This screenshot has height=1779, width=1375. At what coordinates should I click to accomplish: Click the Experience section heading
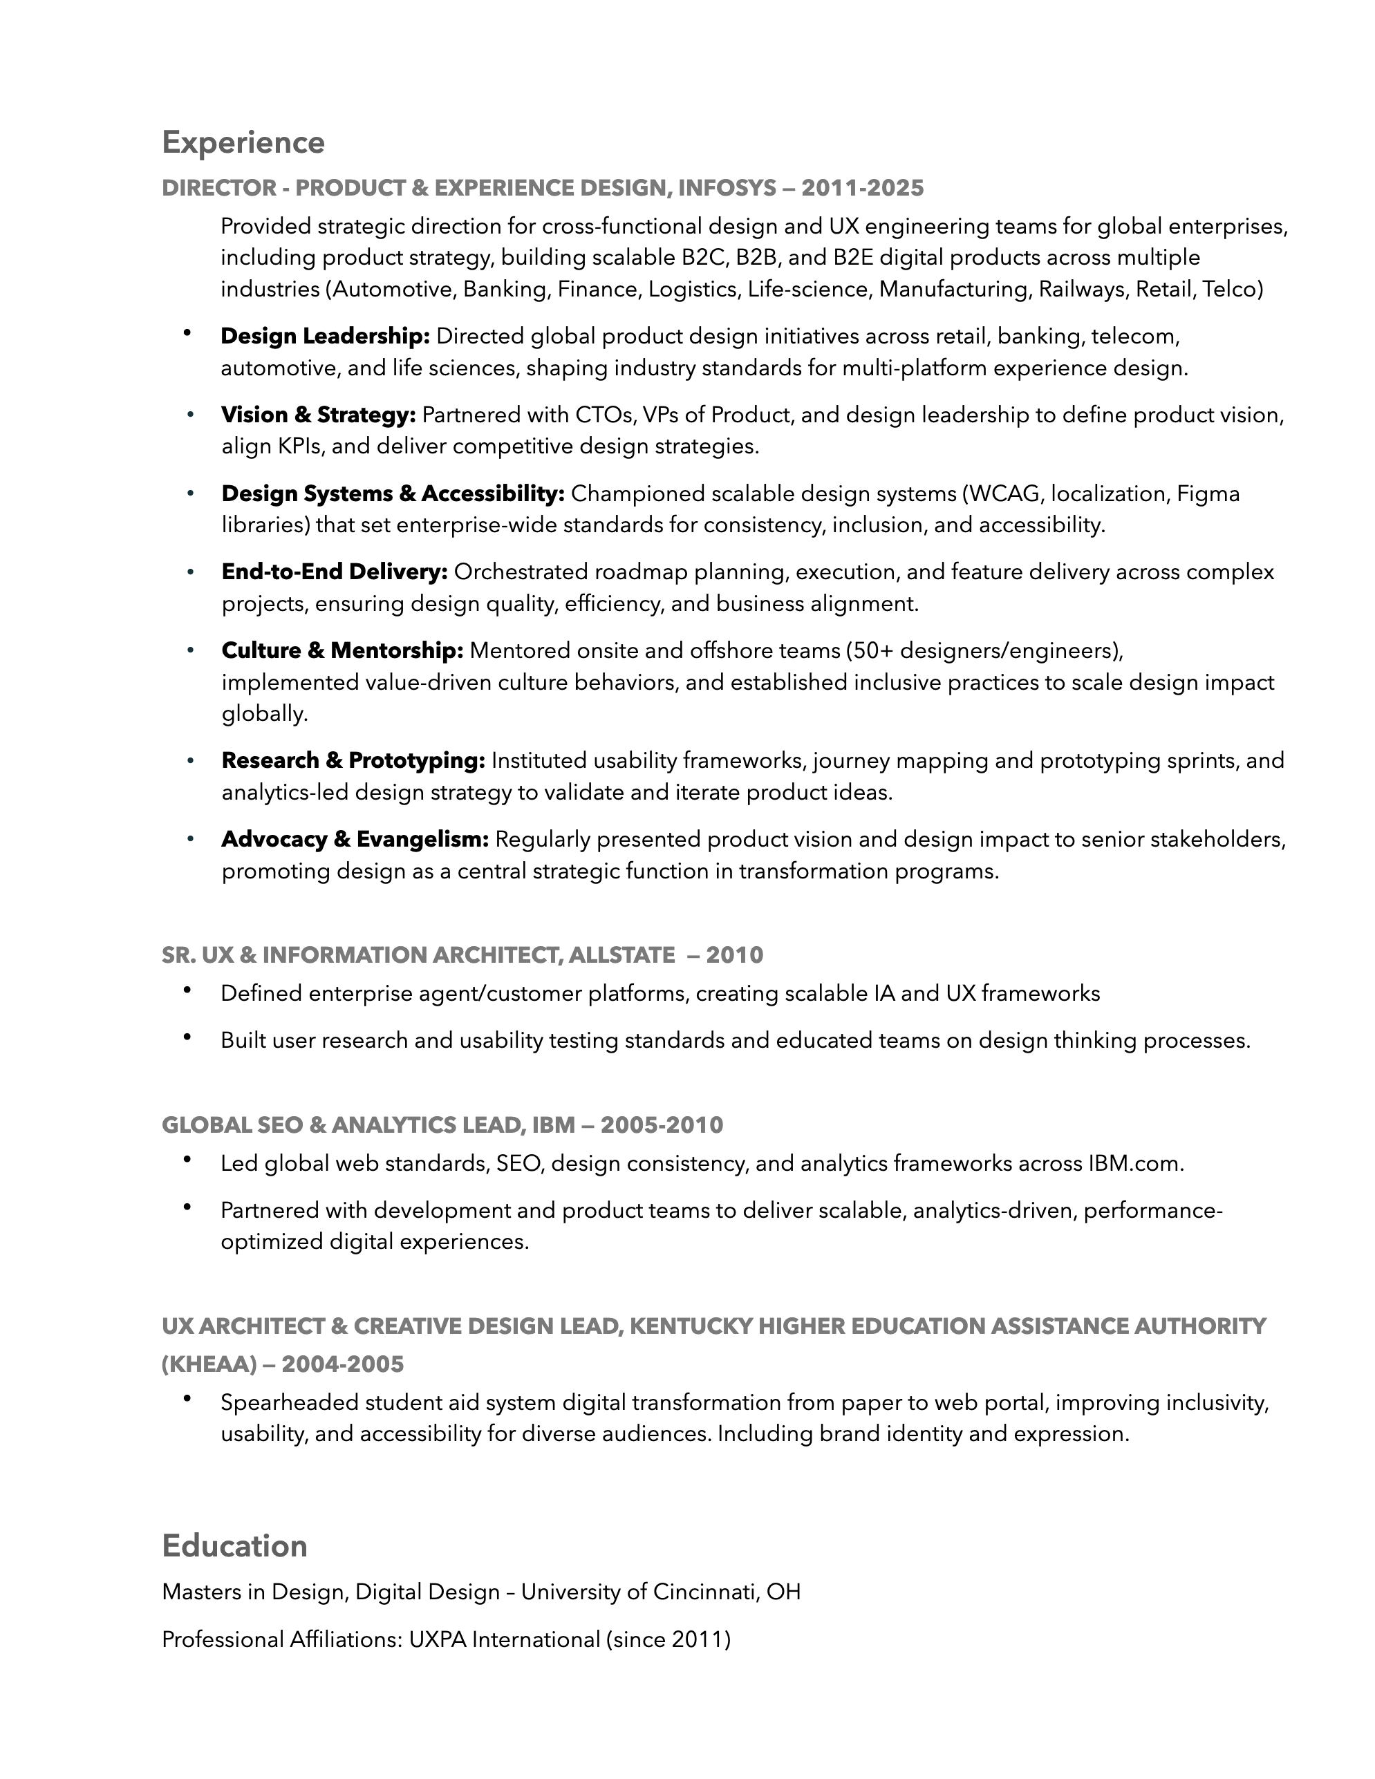[x=243, y=142]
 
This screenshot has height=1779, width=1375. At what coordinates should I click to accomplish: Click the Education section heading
[x=234, y=1546]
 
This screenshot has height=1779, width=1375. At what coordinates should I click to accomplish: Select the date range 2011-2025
[x=863, y=188]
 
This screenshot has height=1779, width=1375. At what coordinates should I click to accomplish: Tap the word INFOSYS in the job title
[x=727, y=188]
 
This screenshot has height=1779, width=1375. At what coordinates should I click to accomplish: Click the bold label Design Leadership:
[x=325, y=336]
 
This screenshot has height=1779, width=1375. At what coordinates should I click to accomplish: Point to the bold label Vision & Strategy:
[x=319, y=415]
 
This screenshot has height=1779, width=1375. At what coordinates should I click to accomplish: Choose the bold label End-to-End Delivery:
[x=335, y=572]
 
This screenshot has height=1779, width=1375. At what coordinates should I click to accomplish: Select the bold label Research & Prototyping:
[x=353, y=761]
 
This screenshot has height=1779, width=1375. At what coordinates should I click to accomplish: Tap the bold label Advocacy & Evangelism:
[x=355, y=839]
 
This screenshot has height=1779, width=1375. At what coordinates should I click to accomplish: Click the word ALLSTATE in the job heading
[x=621, y=954]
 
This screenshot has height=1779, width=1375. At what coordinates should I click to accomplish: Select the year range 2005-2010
[x=662, y=1125]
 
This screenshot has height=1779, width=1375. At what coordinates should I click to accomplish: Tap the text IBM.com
[x=1134, y=1163]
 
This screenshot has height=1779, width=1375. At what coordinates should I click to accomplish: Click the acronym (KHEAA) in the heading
[x=209, y=1364]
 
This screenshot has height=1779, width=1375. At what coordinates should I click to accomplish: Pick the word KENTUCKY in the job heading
[x=691, y=1326]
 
